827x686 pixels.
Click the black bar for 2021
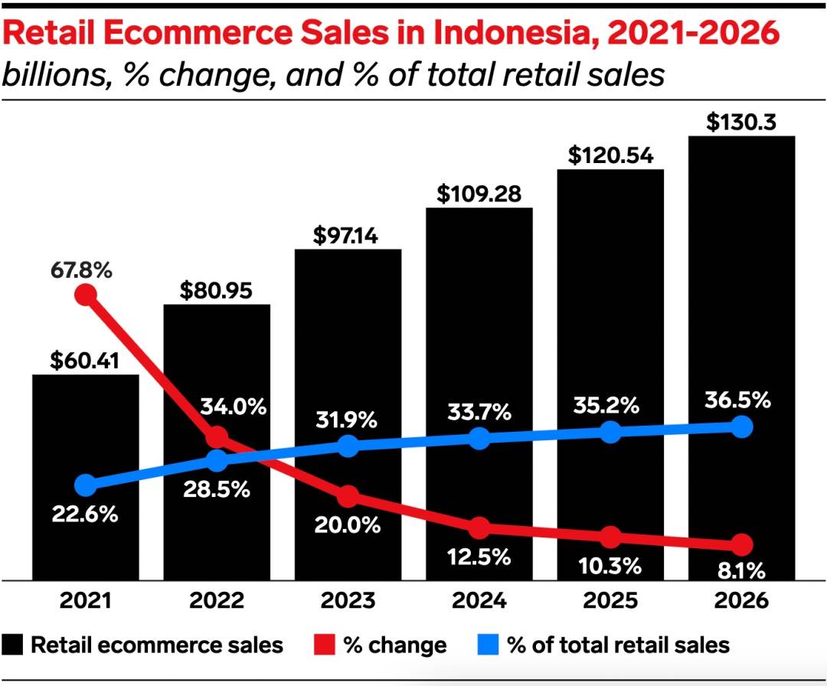coord(85,429)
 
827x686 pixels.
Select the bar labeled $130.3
coord(741,306)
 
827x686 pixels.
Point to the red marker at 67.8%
coord(86,295)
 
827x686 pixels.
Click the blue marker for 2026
coord(740,427)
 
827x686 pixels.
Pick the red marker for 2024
coord(479,528)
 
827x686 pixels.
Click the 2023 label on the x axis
coord(347,601)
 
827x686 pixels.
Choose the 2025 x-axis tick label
coord(610,601)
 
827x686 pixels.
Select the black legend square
coord(14,645)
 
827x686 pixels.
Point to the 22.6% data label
coord(85,514)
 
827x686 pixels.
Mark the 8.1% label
coord(741,571)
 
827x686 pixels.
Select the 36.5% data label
coord(740,400)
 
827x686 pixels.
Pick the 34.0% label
coord(234,407)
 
